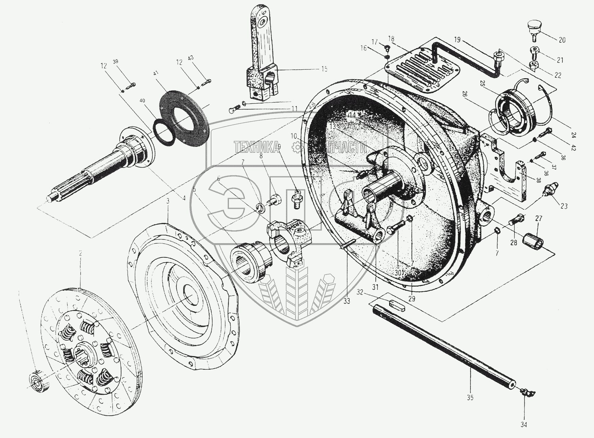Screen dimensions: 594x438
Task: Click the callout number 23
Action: (564, 206)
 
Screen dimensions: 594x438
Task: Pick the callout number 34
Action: (523, 425)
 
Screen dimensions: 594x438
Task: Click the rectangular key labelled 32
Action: (397, 304)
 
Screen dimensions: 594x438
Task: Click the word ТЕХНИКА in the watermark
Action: (256, 147)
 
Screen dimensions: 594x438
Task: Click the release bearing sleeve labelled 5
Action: (250, 262)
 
